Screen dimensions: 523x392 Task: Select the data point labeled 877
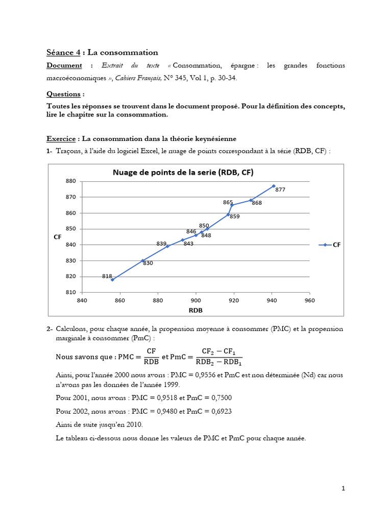(x=274, y=186)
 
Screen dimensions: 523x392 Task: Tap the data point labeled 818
(x=113, y=279)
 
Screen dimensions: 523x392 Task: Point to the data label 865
(x=228, y=202)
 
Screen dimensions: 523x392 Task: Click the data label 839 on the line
(x=161, y=243)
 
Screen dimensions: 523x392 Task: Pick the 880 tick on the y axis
(x=70, y=181)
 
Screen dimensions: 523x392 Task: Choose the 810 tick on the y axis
(x=70, y=292)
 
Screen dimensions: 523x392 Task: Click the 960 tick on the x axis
(x=309, y=300)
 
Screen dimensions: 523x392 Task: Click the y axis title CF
(x=57, y=236)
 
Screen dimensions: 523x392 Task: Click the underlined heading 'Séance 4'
(x=63, y=53)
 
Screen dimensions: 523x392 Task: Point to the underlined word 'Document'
(x=64, y=65)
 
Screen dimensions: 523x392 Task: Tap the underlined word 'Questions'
(x=63, y=94)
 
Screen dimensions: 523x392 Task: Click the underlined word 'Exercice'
(x=61, y=138)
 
